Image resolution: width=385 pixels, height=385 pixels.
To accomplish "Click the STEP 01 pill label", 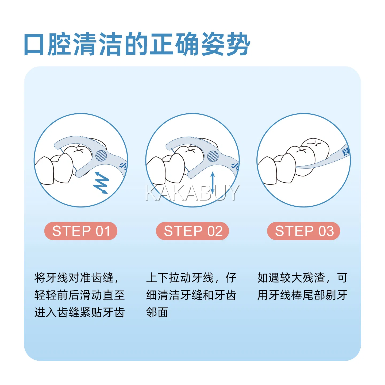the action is tap(81, 231).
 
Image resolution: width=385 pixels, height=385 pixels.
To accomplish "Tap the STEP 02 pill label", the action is tap(192, 231).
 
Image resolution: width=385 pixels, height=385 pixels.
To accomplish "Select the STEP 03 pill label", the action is tap(304, 231).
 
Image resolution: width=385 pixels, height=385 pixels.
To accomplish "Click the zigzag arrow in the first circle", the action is tap(101, 183).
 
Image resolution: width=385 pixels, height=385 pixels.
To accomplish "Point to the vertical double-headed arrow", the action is tap(213, 183).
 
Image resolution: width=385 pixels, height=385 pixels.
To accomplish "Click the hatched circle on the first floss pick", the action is tap(101, 156).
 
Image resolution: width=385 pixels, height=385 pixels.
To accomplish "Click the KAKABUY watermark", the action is tap(192, 192).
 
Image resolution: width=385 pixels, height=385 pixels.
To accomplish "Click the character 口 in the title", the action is tap(34, 44).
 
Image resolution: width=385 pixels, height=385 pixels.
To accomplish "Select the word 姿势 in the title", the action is tap(226, 44).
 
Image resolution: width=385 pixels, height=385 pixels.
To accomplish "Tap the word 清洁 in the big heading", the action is tap(98, 44).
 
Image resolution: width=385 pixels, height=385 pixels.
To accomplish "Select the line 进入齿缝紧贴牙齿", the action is tap(80, 312).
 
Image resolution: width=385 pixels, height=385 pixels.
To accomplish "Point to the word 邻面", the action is tap(157, 312).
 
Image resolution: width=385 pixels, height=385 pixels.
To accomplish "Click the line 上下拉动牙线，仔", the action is tap(191, 278).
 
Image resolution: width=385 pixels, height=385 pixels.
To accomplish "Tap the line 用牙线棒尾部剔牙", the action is tap(302, 295).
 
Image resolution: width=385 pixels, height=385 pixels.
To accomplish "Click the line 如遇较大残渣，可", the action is tap(302, 278).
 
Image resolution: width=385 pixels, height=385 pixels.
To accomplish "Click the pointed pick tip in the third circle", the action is tap(296, 167).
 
